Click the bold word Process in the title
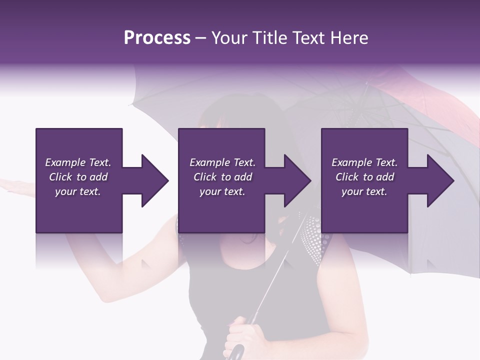coord(157,38)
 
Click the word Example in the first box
coord(64,162)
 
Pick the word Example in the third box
coord(351,162)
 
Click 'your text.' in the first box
coord(78,191)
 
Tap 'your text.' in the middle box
coord(222,191)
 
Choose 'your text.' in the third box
coord(364,191)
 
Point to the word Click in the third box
coord(347,177)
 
